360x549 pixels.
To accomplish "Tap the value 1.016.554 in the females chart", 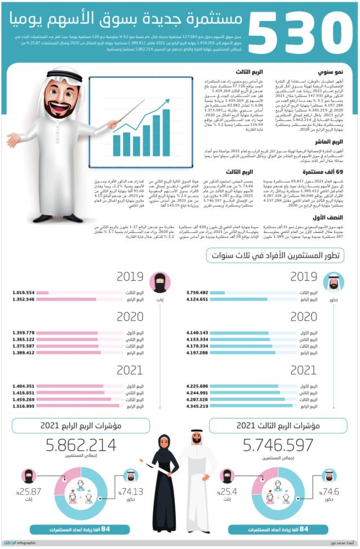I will tap(23, 293).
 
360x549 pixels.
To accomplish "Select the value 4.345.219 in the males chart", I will tap(197, 406).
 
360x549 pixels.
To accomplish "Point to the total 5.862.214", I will tap(81, 445).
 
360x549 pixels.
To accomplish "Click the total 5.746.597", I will tap(278, 445).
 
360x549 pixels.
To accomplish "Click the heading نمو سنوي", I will tap(330, 72).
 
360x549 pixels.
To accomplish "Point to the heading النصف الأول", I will tap(328, 217).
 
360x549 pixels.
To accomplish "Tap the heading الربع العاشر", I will tap(329, 142).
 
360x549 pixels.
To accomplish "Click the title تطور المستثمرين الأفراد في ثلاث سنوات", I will tap(275, 256).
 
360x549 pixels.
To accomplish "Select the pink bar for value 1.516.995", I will tap(78, 406).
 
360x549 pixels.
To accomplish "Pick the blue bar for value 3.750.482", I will tap(217, 293).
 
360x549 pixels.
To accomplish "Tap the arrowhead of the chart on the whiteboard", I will tap(166, 102).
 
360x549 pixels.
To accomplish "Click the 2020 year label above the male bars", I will tap(303, 317).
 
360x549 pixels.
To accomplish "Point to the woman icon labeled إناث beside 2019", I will tap(159, 282).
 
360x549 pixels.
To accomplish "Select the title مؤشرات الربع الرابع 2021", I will tap(81, 425).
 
